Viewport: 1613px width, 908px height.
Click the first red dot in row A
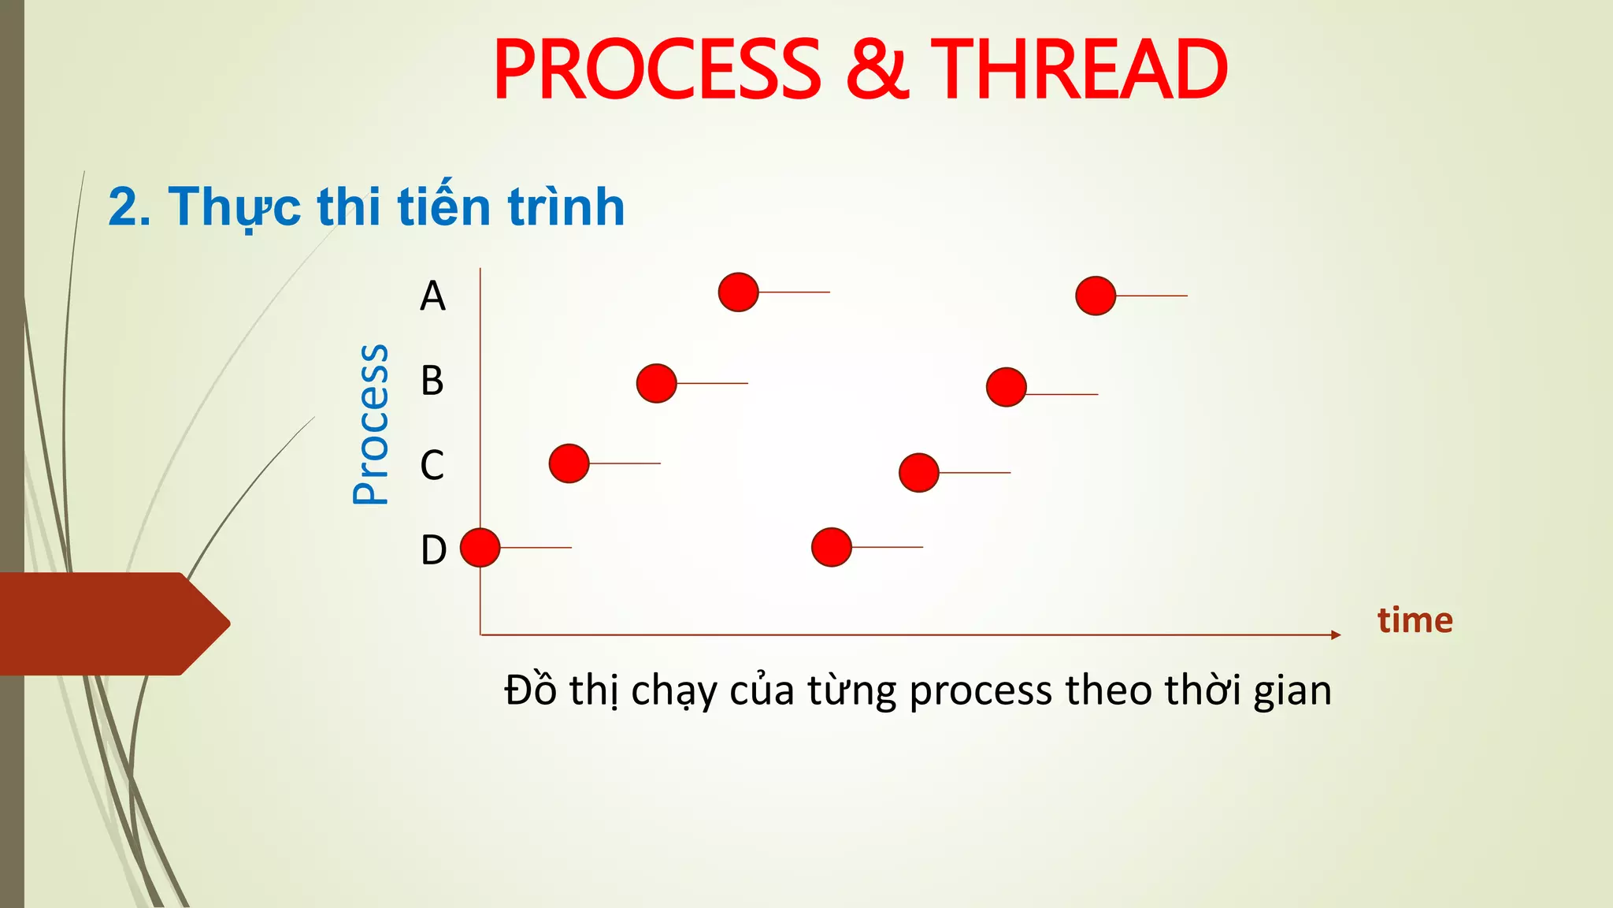pyautogui.click(x=738, y=292)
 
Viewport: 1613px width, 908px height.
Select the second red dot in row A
pyautogui.click(x=1096, y=296)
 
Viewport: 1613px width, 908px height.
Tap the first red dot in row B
pyautogui.click(x=656, y=383)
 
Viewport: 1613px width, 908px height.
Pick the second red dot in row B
pyautogui.click(x=1006, y=387)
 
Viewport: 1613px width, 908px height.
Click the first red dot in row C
pyautogui.click(x=569, y=463)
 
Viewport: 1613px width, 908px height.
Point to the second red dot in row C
pyautogui.click(x=918, y=473)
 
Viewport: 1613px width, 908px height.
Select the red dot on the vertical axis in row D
pyautogui.click(x=480, y=547)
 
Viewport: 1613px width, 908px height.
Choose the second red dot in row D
pyautogui.click(x=831, y=547)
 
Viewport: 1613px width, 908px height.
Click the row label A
pyautogui.click(x=432, y=297)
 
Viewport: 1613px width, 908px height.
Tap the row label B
pyautogui.click(x=432, y=381)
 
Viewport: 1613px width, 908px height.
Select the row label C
pyautogui.click(x=432, y=465)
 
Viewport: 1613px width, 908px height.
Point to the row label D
pyautogui.click(x=433, y=550)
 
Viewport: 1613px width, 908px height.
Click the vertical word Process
pyautogui.click(x=370, y=424)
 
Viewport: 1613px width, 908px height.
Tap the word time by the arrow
pyautogui.click(x=1415, y=620)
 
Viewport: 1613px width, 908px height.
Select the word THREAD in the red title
pyautogui.click(x=1078, y=71)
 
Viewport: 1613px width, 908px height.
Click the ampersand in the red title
pyautogui.click(x=877, y=71)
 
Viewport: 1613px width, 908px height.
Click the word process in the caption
pyautogui.click(x=981, y=691)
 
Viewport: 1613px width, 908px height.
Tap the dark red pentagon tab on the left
pyautogui.click(x=110, y=623)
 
